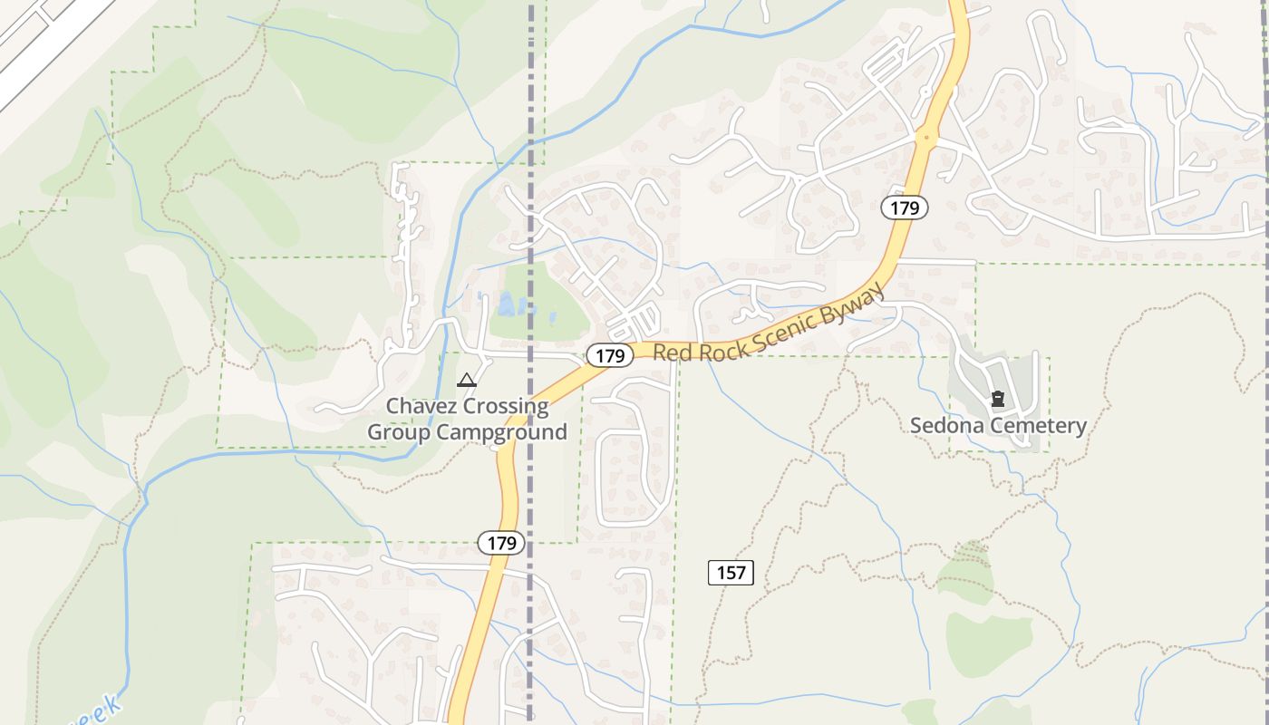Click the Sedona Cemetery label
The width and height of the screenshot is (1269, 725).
[998, 425]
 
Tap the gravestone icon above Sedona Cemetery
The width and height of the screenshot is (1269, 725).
[998, 399]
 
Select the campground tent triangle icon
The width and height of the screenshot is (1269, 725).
[467, 381]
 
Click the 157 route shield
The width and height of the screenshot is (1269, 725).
[731, 572]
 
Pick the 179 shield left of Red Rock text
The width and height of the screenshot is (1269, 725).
[609, 356]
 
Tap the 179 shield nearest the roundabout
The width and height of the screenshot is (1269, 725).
[905, 208]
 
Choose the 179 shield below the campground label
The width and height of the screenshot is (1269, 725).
[500, 543]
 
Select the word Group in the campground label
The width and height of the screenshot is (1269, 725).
[399, 432]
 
